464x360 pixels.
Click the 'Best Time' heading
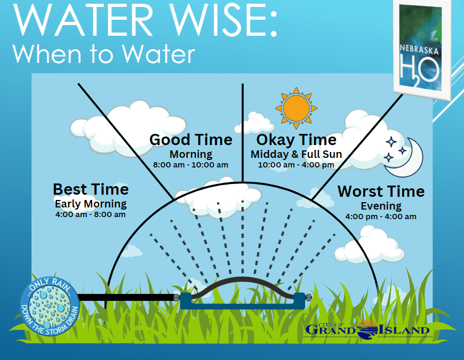coord(91,189)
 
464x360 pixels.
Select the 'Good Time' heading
coord(191,140)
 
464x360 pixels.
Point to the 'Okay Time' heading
coord(296,140)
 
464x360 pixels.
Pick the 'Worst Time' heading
coord(381,191)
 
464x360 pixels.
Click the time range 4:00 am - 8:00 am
coord(90,214)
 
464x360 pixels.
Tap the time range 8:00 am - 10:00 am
coord(191,165)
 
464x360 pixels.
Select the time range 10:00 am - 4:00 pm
coord(297,165)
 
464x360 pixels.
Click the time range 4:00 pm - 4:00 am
coord(381,217)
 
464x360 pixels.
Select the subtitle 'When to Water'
coord(104,54)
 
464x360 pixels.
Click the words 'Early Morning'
coord(91,204)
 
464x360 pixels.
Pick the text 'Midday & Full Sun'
coord(297,154)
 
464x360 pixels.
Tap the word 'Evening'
coord(381,206)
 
